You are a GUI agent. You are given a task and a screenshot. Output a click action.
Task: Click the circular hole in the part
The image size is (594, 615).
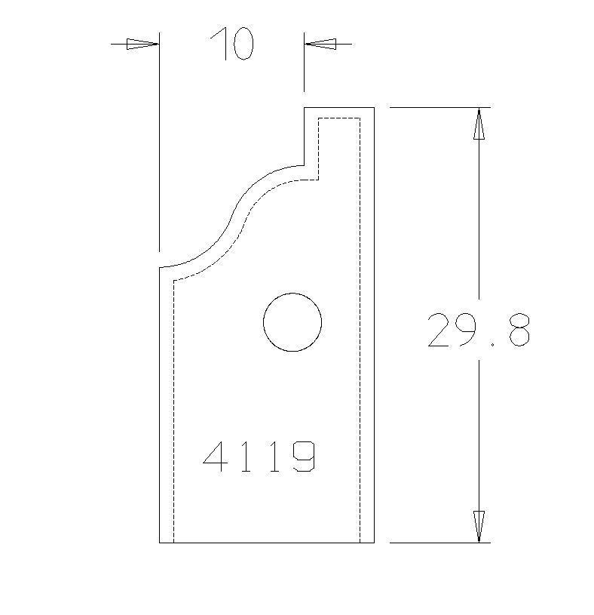click(292, 322)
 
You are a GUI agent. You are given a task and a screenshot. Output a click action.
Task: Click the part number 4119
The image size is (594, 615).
click(259, 457)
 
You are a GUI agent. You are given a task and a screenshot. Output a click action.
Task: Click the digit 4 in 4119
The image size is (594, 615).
click(216, 457)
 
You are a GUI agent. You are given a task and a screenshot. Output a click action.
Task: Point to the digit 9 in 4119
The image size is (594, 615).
click(303, 457)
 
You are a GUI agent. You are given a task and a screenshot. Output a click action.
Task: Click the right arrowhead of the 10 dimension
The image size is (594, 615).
click(320, 44)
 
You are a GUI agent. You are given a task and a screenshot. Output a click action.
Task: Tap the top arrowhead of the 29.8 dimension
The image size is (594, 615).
click(479, 124)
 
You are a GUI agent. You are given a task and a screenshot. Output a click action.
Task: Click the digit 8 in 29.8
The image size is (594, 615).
click(519, 331)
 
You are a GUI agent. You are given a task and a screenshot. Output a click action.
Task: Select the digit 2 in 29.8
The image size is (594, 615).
click(440, 331)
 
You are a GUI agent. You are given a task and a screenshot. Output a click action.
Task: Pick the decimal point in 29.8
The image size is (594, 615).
click(492, 343)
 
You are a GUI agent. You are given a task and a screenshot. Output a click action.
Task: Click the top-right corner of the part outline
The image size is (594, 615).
click(374, 108)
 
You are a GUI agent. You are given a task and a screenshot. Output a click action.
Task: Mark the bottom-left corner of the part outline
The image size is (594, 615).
click(160, 542)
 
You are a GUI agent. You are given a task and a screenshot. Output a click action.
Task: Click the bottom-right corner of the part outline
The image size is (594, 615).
click(374, 542)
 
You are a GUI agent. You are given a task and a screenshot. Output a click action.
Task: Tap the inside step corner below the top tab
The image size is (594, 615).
click(305, 165)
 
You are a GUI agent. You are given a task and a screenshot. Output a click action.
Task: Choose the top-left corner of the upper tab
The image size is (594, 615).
click(305, 108)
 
